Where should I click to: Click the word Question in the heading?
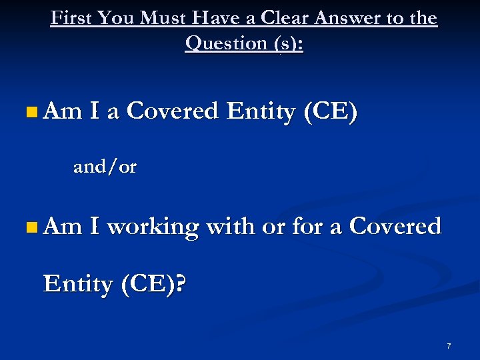[226, 43]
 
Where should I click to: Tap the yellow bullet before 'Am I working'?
[33, 228]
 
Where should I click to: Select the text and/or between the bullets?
[105, 167]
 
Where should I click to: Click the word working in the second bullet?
[153, 227]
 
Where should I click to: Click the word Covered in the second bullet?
[395, 227]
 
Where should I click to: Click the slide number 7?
[449, 346]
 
